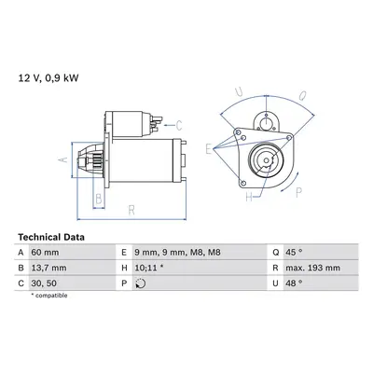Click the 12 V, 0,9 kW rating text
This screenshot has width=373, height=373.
(x=48, y=77)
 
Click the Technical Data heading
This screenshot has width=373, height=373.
(x=51, y=237)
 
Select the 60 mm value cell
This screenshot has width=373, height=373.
(x=45, y=252)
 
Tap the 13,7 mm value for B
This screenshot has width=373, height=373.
(x=48, y=268)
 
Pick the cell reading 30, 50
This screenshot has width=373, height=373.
(x=44, y=283)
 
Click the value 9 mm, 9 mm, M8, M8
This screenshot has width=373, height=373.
(x=177, y=253)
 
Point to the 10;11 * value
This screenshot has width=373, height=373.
(x=149, y=268)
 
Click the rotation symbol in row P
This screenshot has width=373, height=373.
(x=141, y=283)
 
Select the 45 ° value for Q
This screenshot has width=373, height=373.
(x=294, y=252)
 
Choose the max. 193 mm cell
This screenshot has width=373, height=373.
(x=312, y=268)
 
